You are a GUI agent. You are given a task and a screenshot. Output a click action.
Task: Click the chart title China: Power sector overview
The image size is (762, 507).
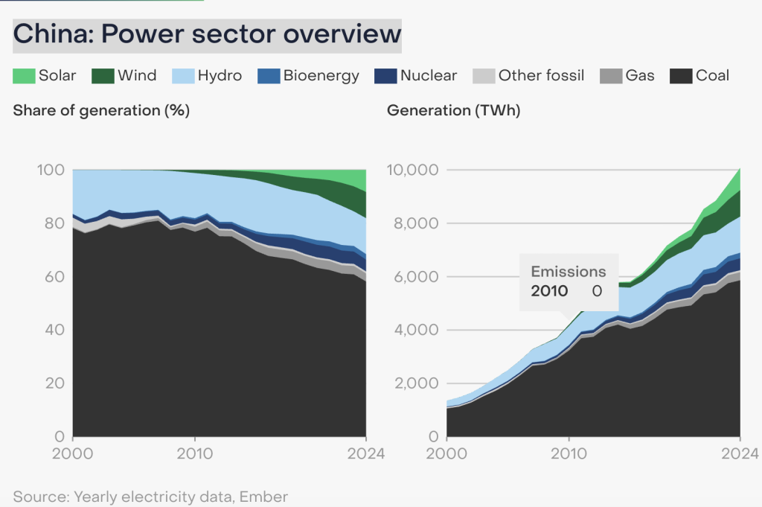pos(207,34)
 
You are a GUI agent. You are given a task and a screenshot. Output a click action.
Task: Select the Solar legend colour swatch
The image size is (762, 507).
pos(24,75)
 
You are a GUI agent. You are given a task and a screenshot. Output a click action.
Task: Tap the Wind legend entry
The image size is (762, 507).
pos(124,75)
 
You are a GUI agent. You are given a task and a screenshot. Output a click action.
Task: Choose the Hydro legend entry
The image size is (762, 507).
pos(207,75)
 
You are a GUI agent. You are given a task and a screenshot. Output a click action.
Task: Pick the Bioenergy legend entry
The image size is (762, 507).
pos(308,75)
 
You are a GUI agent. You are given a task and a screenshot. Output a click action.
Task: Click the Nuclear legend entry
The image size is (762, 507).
pos(417,75)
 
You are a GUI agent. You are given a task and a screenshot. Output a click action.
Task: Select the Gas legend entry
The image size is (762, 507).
pos(628,75)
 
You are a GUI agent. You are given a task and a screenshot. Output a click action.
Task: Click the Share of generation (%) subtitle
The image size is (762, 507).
pos(101,111)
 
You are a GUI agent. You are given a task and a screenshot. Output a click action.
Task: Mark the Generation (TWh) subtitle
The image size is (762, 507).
pos(453,111)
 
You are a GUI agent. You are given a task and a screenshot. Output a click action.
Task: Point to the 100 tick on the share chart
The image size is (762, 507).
pos(51,170)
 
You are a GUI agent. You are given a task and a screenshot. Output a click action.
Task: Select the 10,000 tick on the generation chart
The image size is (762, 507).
pos(413,170)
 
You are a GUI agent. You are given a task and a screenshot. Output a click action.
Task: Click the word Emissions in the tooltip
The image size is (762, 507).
pos(569,272)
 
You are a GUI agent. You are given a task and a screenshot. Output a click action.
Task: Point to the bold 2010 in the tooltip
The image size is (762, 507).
pos(549,291)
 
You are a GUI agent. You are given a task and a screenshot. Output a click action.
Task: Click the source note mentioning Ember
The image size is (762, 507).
pos(150,497)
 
